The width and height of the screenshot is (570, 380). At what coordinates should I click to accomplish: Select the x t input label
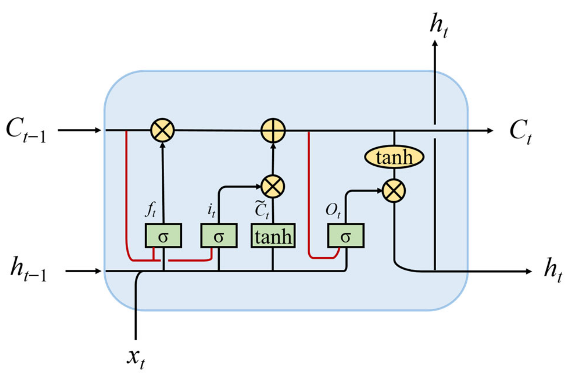pyautogui.click(x=136, y=359)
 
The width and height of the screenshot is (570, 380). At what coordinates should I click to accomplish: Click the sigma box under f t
pyautogui.click(x=163, y=236)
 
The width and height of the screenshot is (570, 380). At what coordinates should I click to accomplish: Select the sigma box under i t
pyautogui.click(x=219, y=236)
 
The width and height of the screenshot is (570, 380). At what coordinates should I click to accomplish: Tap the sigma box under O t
pyautogui.click(x=345, y=236)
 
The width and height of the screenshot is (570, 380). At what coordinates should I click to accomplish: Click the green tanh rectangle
pyautogui.click(x=273, y=236)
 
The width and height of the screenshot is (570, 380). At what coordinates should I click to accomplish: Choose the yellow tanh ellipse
pyautogui.click(x=394, y=157)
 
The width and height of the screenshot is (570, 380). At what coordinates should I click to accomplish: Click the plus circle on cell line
pyautogui.click(x=273, y=130)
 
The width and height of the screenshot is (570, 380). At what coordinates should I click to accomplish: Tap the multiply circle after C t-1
pyautogui.click(x=163, y=130)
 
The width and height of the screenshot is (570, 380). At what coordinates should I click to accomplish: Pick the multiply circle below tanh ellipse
pyautogui.click(x=394, y=191)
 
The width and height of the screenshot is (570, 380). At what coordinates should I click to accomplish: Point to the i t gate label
pyautogui.click(x=211, y=211)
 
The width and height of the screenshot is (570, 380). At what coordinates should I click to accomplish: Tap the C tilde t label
pyautogui.click(x=262, y=210)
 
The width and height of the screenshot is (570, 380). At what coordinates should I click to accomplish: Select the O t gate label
pyautogui.click(x=333, y=211)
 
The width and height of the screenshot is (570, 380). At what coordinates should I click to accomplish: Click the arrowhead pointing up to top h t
pyautogui.click(x=435, y=44)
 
